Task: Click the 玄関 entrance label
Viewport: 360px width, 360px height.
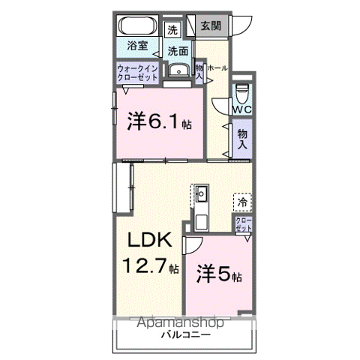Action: coord(211,26)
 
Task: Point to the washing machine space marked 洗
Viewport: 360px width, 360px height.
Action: coord(172,31)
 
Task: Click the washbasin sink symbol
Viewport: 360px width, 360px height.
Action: coord(178,72)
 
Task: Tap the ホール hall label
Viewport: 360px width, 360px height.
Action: coord(217,68)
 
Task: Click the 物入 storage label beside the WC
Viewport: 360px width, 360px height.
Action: coord(241,140)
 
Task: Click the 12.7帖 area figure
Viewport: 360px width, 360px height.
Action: coord(151,265)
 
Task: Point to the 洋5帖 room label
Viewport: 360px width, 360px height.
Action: coord(219,274)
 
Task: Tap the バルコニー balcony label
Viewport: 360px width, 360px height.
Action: coord(184,335)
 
